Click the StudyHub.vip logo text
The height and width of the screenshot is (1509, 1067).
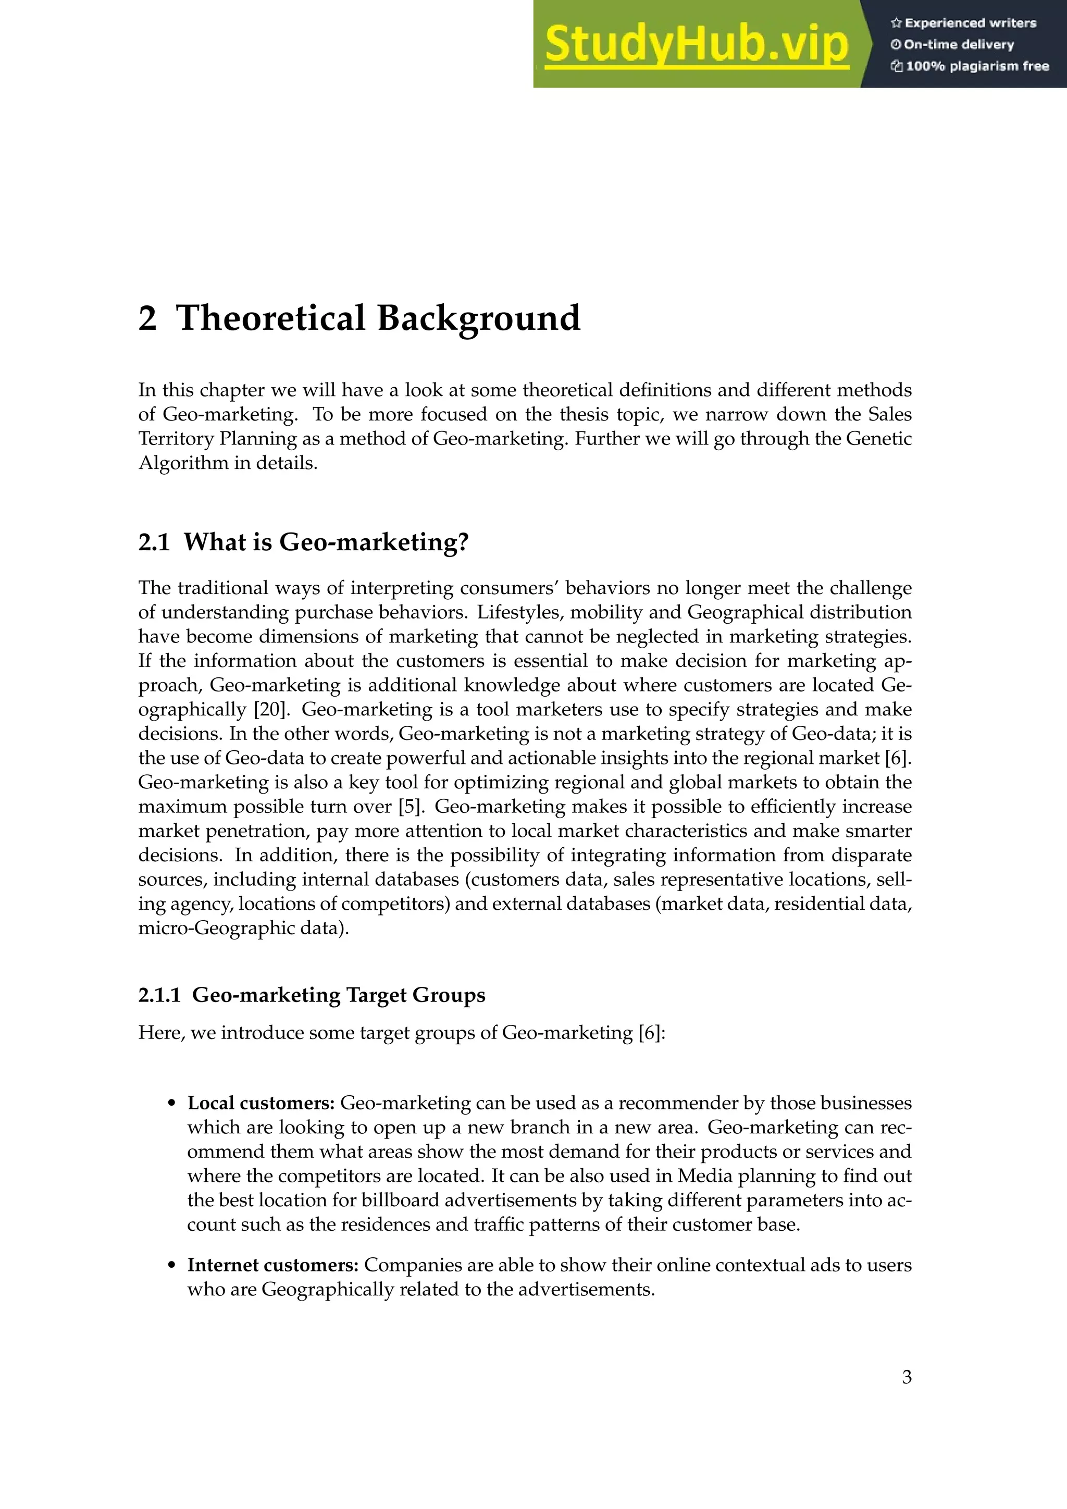[697, 45]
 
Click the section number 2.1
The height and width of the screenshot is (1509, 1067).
[154, 542]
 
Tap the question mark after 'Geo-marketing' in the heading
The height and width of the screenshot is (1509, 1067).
[463, 542]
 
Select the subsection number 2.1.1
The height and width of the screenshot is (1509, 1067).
[159, 995]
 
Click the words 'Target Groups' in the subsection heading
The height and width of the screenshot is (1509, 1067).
[415, 995]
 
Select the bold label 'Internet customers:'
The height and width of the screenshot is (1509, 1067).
[272, 1265]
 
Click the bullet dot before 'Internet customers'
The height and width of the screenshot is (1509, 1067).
[172, 1266]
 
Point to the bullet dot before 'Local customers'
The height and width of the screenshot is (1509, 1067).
[172, 1104]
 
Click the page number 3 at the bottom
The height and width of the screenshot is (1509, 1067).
[907, 1377]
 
